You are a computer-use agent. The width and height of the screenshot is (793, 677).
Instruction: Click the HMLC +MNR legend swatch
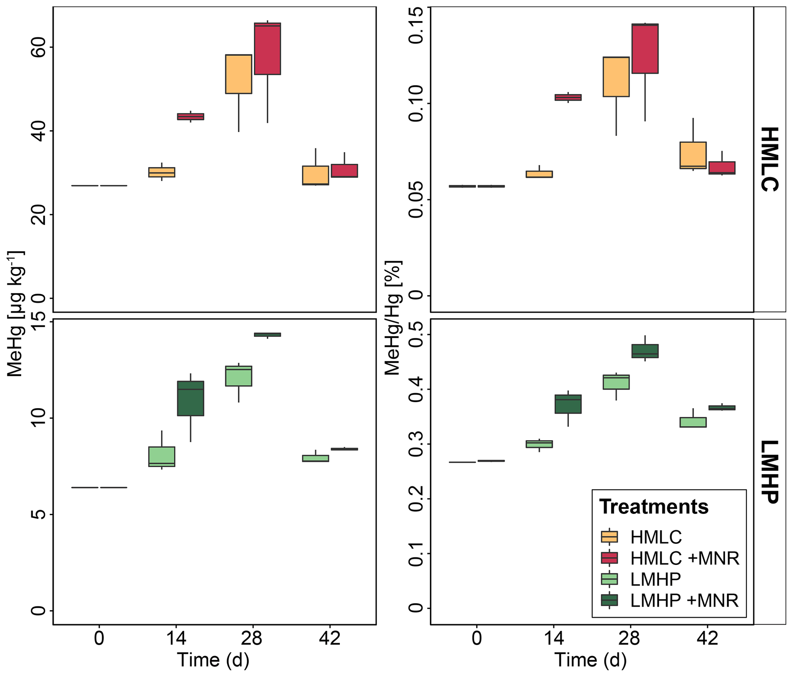[x=609, y=558]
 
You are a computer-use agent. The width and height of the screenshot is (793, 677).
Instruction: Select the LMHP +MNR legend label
[x=684, y=600]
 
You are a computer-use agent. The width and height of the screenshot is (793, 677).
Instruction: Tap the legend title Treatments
[x=654, y=507]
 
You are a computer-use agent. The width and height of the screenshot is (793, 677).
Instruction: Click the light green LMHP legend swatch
[x=609, y=579]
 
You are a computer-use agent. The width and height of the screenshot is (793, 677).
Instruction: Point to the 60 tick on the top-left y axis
[x=38, y=47]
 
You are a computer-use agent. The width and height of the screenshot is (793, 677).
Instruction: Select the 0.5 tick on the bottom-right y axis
[x=416, y=334]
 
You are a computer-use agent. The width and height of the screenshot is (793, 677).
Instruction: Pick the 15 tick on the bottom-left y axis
[x=38, y=322]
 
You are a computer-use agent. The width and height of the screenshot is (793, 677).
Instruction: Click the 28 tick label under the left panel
[x=251, y=638]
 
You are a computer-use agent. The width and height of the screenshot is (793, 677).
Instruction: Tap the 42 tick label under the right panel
[x=707, y=638]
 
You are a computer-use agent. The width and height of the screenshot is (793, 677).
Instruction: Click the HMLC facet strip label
[x=769, y=159]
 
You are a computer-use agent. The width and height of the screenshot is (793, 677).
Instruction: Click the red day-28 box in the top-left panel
[x=267, y=49]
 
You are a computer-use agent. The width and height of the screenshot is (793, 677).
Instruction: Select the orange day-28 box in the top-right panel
[x=616, y=77]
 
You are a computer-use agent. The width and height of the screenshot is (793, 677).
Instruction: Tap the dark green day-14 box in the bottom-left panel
[x=190, y=398]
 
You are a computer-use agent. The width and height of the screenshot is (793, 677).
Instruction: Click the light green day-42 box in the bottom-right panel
[x=693, y=422]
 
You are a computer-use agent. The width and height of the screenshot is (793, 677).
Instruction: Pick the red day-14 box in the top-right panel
[x=568, y=97]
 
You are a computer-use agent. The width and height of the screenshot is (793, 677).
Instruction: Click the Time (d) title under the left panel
[x=213, y=660]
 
